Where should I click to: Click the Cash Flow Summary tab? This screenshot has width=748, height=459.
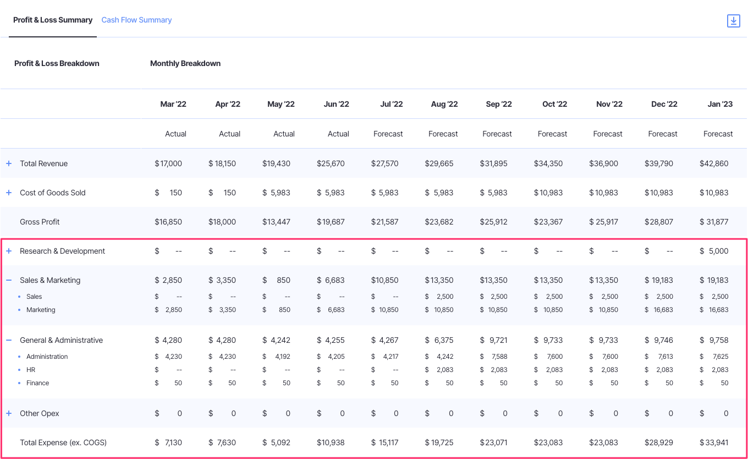coord(136,20)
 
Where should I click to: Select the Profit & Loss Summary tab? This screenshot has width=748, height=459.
coord(53,20)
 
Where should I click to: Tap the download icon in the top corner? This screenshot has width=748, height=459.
coord(733,21)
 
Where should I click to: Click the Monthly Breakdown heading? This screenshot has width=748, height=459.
coord(185,63)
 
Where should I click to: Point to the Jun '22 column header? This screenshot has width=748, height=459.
coord(336,104)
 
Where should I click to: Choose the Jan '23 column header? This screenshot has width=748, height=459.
coord(720,104)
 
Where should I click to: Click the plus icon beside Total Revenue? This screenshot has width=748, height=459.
coord(9,163)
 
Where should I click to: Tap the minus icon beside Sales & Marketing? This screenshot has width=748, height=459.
coord(9,280)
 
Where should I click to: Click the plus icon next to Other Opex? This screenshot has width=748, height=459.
coord(9,413)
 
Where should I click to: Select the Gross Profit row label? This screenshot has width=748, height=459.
coord(40,222)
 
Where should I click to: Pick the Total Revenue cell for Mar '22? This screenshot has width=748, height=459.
coord(168,163)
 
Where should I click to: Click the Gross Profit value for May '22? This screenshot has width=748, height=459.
coord(276,222)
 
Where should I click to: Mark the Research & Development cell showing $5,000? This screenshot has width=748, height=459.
coord(714,251)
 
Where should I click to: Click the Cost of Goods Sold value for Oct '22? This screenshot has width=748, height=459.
coord(548,193)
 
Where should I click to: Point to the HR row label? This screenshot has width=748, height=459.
coord(31,370)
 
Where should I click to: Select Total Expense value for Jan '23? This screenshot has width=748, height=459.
coord(714,442)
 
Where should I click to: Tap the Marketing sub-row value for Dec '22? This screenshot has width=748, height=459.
coord(659,310)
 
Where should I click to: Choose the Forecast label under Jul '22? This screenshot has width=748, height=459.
coord(388,134)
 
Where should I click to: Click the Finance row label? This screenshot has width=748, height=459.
coord(38,383)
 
